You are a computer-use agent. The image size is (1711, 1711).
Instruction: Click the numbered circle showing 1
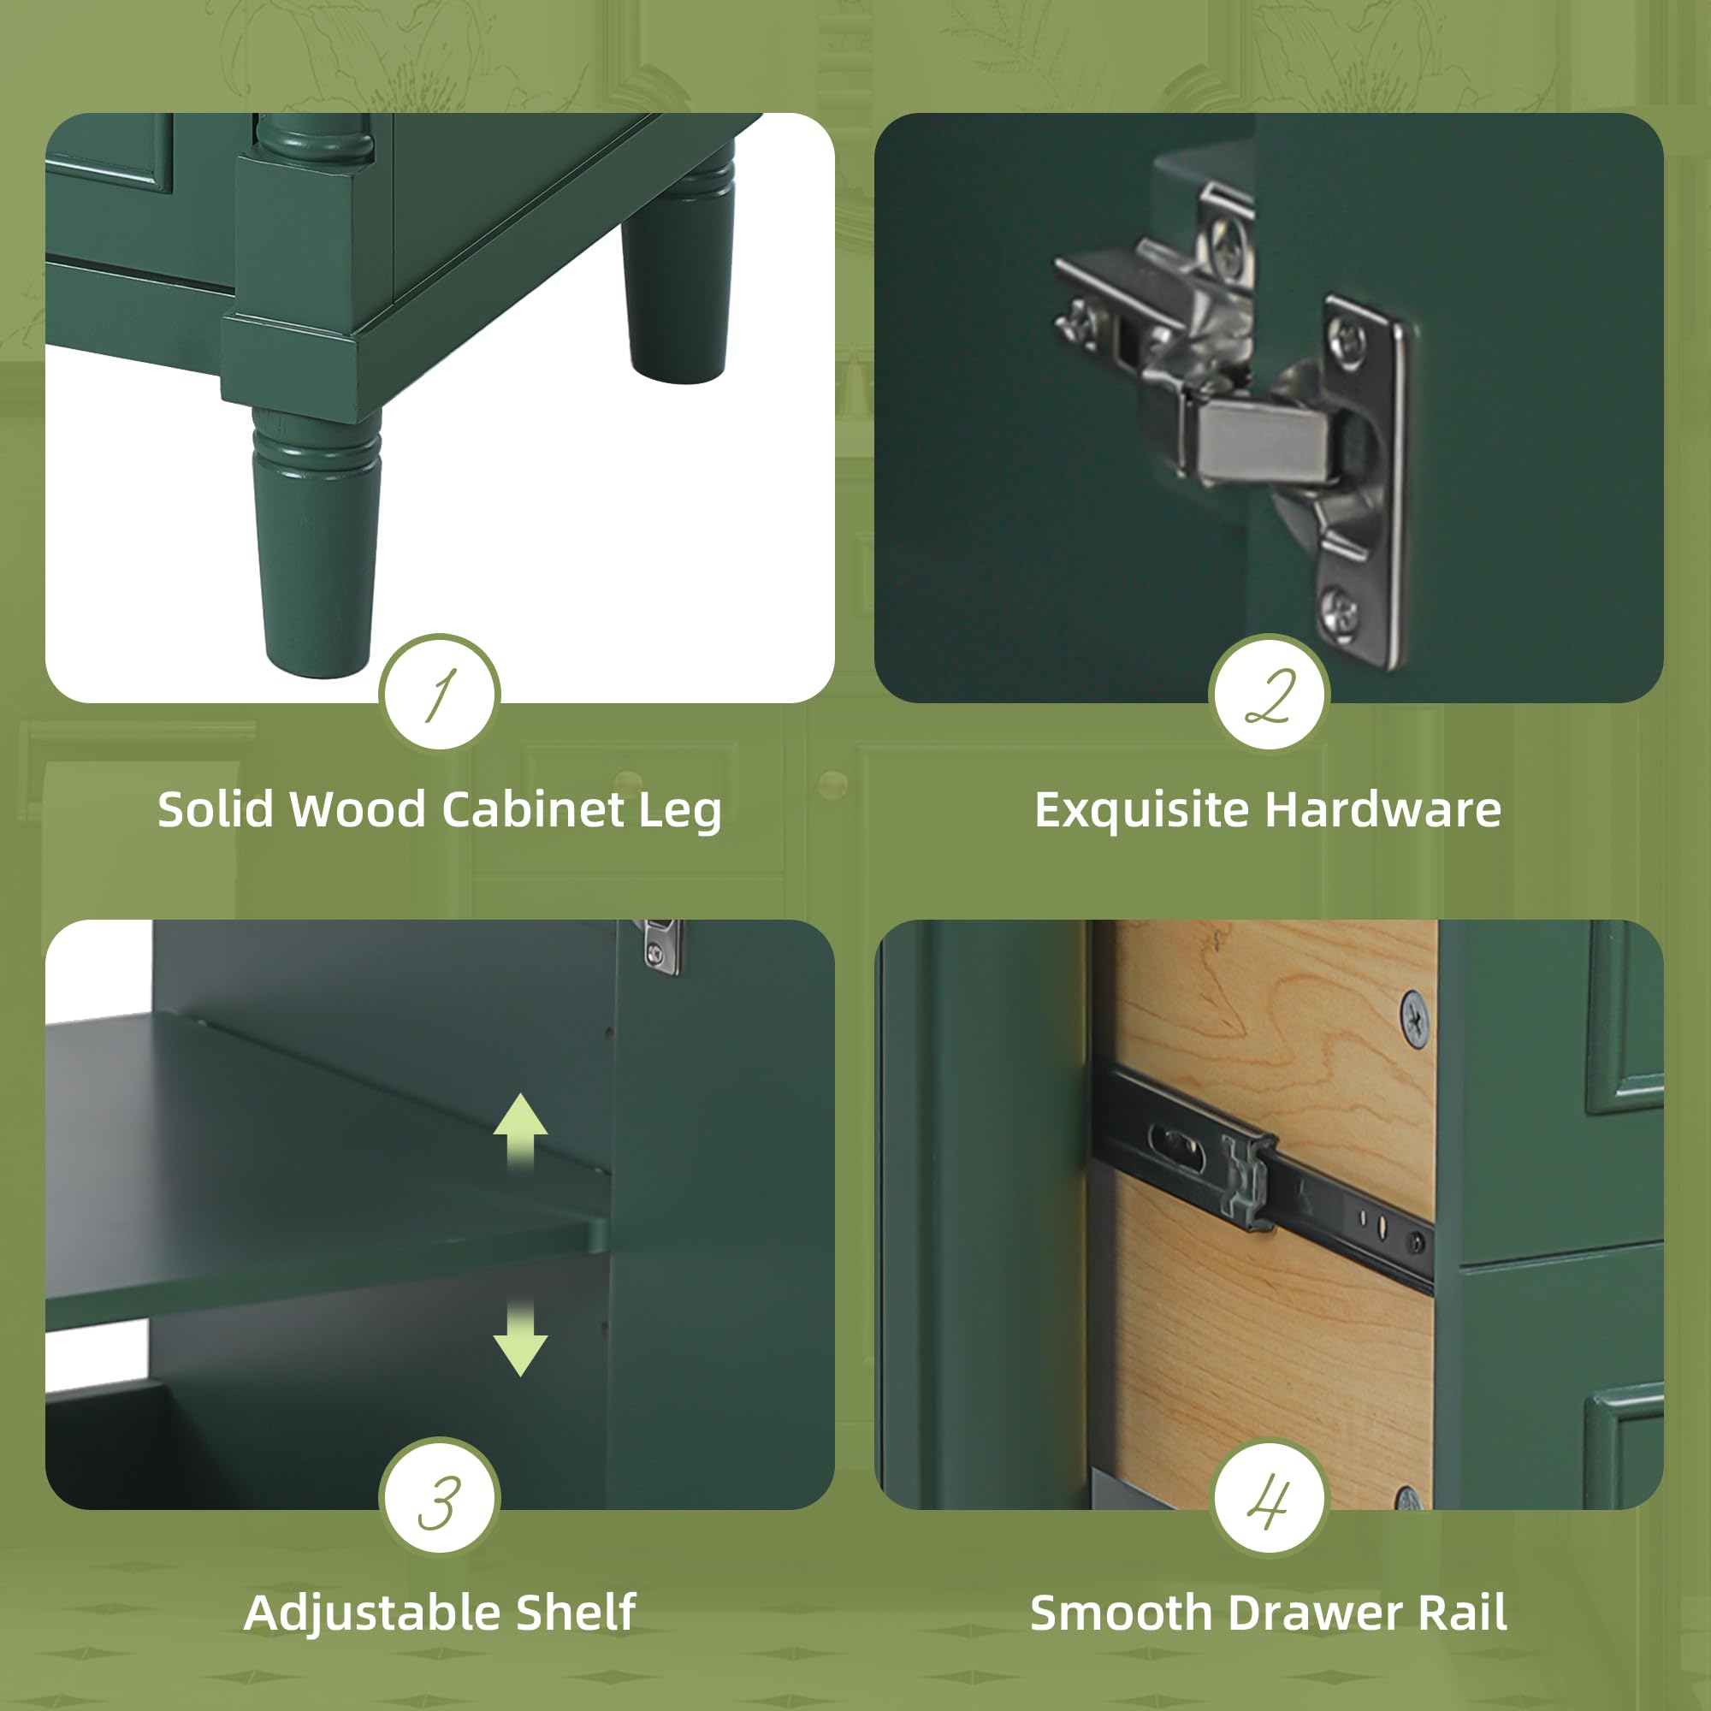click(439, 694)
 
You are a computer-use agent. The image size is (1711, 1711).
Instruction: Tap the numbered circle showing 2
click(1269, 694)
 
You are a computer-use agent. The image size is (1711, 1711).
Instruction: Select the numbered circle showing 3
click(439, 1501)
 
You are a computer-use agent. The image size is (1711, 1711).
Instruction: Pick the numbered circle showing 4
click(1269, 1501)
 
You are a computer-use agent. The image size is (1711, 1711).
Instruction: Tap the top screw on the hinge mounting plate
click(1349, 335)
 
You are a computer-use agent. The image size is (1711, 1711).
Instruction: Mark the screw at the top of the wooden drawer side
click(1414, 1021)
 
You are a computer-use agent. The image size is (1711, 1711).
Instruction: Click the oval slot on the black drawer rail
click(1176, 1148)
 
